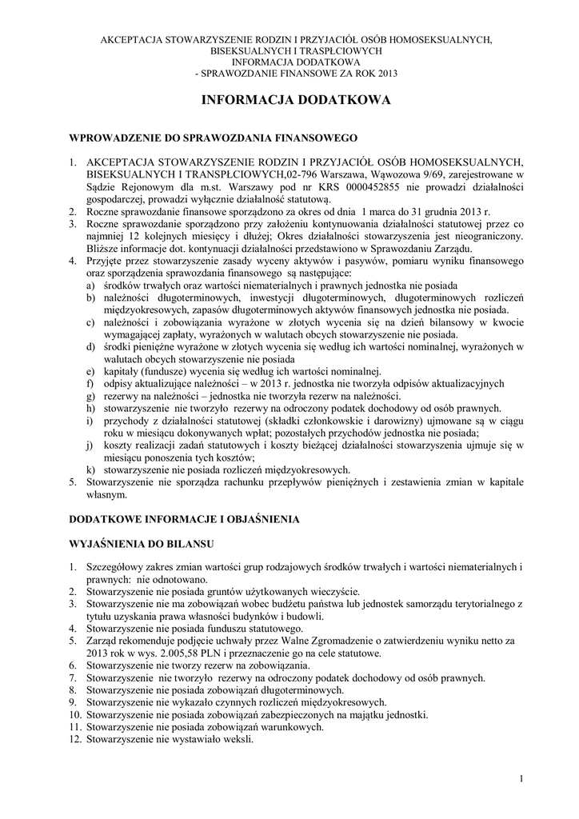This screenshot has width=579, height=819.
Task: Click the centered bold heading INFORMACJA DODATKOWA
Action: (295, 101)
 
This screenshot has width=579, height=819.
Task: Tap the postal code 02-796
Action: (302, 174)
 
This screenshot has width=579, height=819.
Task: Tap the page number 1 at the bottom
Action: (521, 779)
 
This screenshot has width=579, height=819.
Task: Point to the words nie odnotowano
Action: (173, 579)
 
